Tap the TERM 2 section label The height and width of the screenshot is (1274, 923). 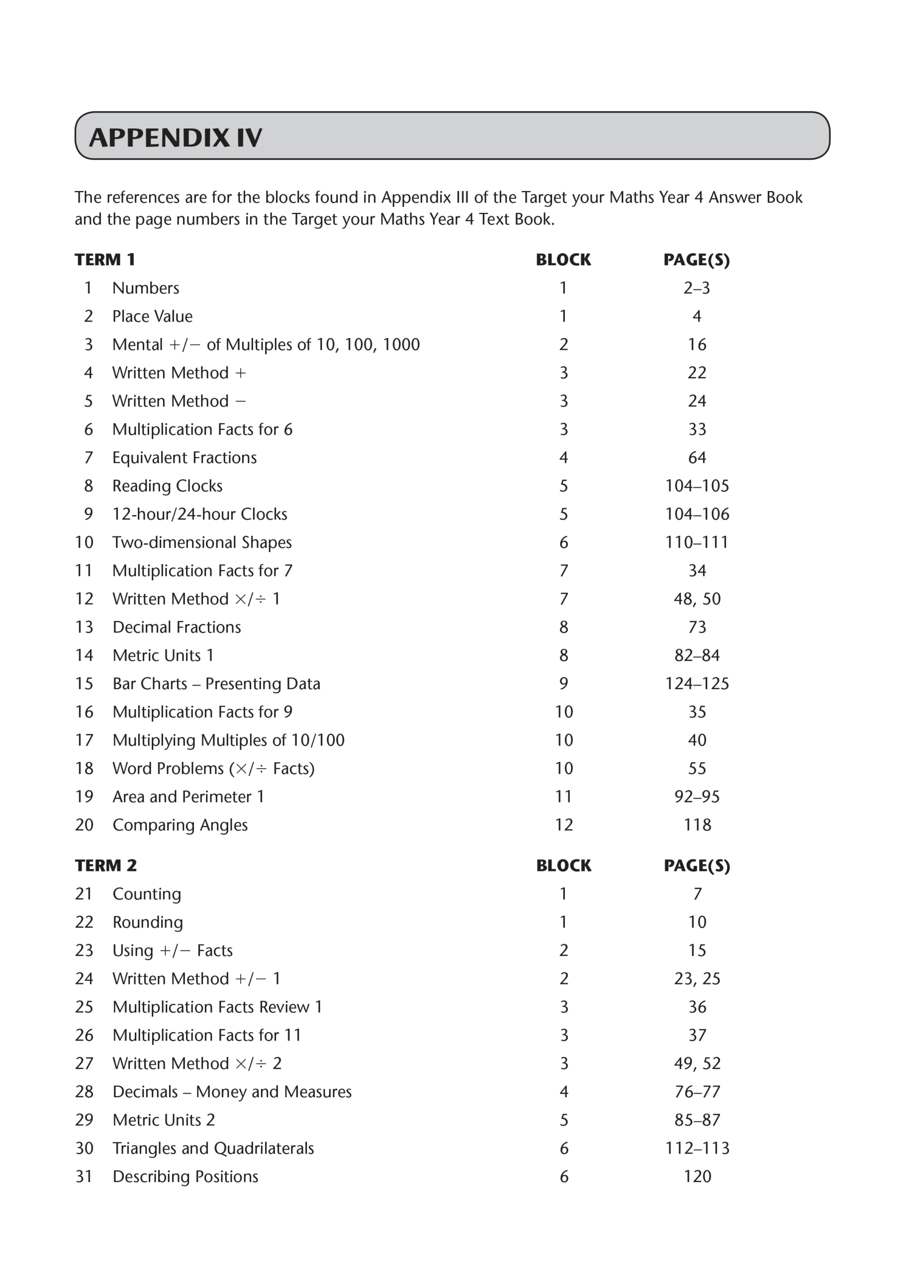105,865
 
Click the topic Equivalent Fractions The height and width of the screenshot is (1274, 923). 184,458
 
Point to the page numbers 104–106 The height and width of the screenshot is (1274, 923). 697,514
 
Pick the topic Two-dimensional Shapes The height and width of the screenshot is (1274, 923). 201,542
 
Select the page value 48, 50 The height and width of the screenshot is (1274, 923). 697,599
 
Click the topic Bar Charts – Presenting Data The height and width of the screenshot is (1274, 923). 216,684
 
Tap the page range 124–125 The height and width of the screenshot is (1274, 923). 697,684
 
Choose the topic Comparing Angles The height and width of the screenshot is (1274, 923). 180,825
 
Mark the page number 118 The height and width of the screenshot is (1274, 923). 697,825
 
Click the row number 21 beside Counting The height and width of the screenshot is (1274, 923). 84,894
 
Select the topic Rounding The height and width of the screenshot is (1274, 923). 148,922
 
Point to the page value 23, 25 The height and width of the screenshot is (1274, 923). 697,978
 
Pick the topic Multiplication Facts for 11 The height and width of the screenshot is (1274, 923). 206,1035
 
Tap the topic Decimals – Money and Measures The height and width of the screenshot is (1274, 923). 232,1092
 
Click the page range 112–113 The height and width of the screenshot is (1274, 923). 697,1148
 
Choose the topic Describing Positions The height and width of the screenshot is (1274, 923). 185,1177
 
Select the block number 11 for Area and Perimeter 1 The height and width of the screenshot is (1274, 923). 563,797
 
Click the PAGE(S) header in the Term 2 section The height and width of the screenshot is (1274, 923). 697,865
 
